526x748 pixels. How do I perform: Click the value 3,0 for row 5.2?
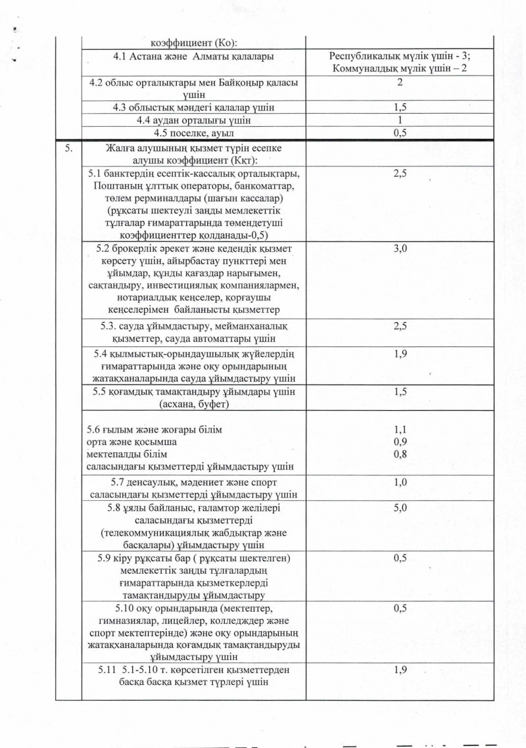[x=400, y=250]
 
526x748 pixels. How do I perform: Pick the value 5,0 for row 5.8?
[x=400, y=508]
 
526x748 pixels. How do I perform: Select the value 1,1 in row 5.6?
[x=400, y=429]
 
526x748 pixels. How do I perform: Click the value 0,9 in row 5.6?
[x=400, y=442]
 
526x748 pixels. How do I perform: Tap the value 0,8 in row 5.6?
[x=400, y=454]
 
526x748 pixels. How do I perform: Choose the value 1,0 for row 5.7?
[x=400, y=482]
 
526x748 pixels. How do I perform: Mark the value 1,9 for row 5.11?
[x=400, y=670]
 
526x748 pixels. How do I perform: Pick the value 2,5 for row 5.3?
[x=400, y=327]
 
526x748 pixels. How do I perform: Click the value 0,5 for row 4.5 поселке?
[x=400, y=133]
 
